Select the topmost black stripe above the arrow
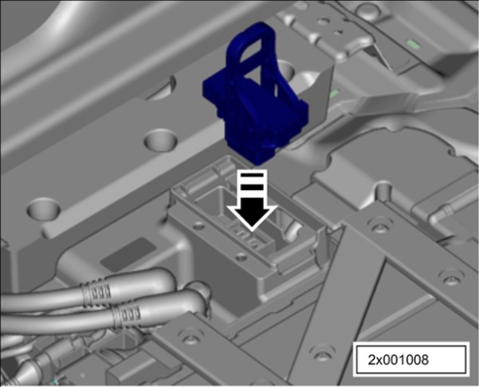(x=252, y=176)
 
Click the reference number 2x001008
(x=398, y=360)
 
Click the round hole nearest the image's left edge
(x=43, y=209)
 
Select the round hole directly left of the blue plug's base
(x=161, y=140)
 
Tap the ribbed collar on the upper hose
(x=96, y=292)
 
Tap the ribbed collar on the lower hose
(x=127, y=316)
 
